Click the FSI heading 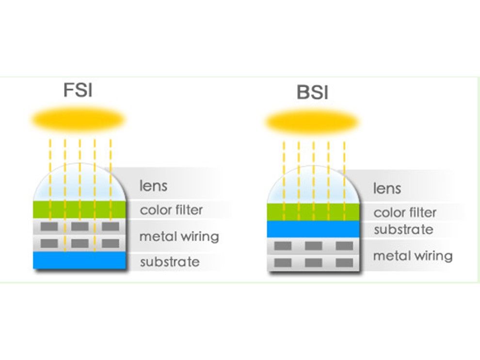point(78,90)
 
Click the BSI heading point(313,92)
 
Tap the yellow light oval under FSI point(79,119)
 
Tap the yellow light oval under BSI point(312,122)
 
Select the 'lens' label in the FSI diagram point(153,186)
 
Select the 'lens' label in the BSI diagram point(387,188)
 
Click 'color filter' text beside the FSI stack point(172,210)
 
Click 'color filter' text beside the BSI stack point(405,213)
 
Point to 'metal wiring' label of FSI point(179,237)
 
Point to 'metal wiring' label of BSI point(413,256)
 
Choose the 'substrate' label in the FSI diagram point(170,262)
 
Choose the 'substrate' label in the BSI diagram point(403,230)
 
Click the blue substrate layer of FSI point(80,260)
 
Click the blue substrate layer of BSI point(313,229)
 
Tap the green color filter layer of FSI point(80,209)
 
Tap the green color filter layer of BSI point(313,212)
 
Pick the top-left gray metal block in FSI point(49,226)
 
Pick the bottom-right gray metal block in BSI point(344,263)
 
